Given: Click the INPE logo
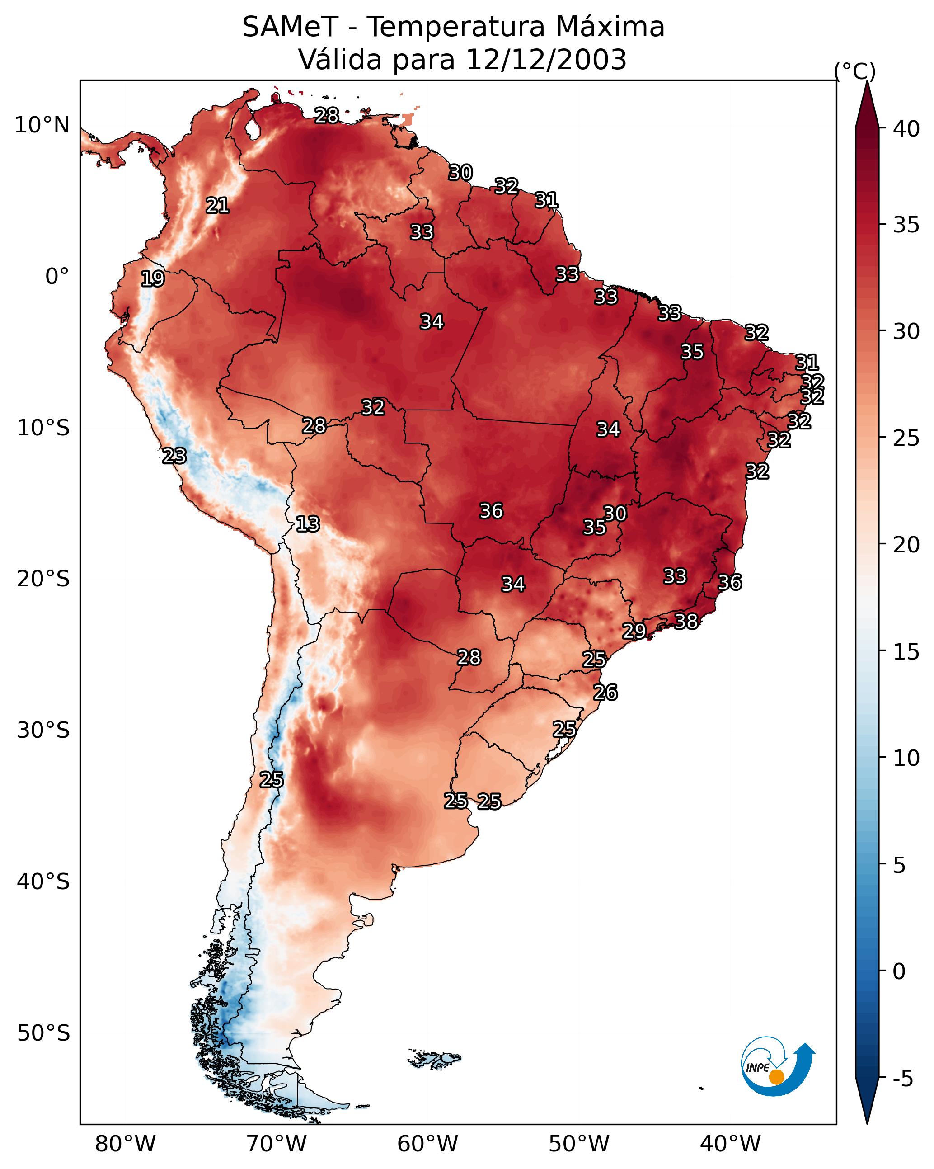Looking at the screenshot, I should tap(777, 1068).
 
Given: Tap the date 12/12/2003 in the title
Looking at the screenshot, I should tap(546, 60).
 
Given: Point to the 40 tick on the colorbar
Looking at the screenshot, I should tap(906, 129).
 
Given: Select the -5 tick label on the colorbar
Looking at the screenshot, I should tap(902, 1079).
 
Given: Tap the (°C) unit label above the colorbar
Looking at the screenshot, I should tap(855, 71).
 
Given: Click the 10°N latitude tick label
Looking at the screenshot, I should tap(42, 125).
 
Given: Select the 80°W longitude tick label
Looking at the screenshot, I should tap(125, 1144).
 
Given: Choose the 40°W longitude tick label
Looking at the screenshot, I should tap(730, 1144).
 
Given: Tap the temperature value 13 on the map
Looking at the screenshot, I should tap(308, 524).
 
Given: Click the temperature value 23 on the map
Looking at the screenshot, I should tap(174, 456).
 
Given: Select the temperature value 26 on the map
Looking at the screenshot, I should tap(605, 693).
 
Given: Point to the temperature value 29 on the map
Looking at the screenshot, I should tap(634, 631).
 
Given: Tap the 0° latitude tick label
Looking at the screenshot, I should tap(57, 277).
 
